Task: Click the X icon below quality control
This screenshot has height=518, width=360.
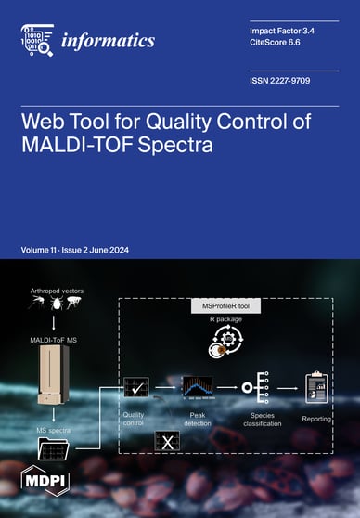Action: pos(167,442)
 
